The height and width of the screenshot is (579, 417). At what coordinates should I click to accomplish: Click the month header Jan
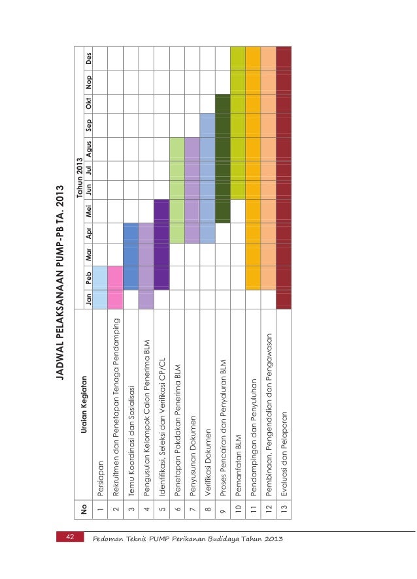pyautogui.click(x=88, y=300)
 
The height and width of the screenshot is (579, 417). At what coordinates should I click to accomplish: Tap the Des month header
pyautogui.click(x=88, y=58)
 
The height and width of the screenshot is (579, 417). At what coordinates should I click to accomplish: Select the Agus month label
pyautogui.click(x=88, y=149)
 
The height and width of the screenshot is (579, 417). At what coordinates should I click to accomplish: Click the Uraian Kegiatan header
pyautogui.click(x=84, y=404)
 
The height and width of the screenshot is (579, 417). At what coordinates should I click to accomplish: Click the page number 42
pyautogui.click(x=70, y=537)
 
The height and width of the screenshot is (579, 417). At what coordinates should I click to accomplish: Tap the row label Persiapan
pyautogui.click(x=100, y=478)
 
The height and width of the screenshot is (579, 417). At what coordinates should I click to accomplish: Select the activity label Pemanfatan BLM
pyautogui.click(x=238, y=465)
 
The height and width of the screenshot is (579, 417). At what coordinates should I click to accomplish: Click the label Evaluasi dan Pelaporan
pyautogui.click(x=284, y=454)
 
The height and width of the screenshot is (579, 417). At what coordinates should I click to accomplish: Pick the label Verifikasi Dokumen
pyautogui.click(x=208, y=462)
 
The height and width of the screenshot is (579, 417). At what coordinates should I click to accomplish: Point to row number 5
pyautogui.click(x=162, y=509)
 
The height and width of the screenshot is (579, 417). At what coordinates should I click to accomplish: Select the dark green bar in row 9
pyautogui.click(x=222, y=159)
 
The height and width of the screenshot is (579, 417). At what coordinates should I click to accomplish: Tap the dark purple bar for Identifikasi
pyautogui.click(x=161, y=244)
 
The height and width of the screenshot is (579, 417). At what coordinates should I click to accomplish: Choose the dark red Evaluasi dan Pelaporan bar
pyautogui.click(x=284, y=178)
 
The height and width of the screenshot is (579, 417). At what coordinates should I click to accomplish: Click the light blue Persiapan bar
pyautogui.click(x=100, y=287)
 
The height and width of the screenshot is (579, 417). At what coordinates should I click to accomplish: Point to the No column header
pyautogui.click(x=84, y=509)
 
